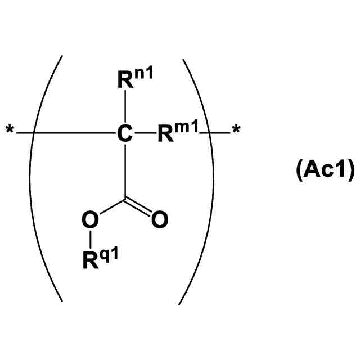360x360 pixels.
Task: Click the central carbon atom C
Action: [x=125, y=133]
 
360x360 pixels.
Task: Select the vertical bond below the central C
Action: [x=125, y=169]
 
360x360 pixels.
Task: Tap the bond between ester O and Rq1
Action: [x=90, y=239]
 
